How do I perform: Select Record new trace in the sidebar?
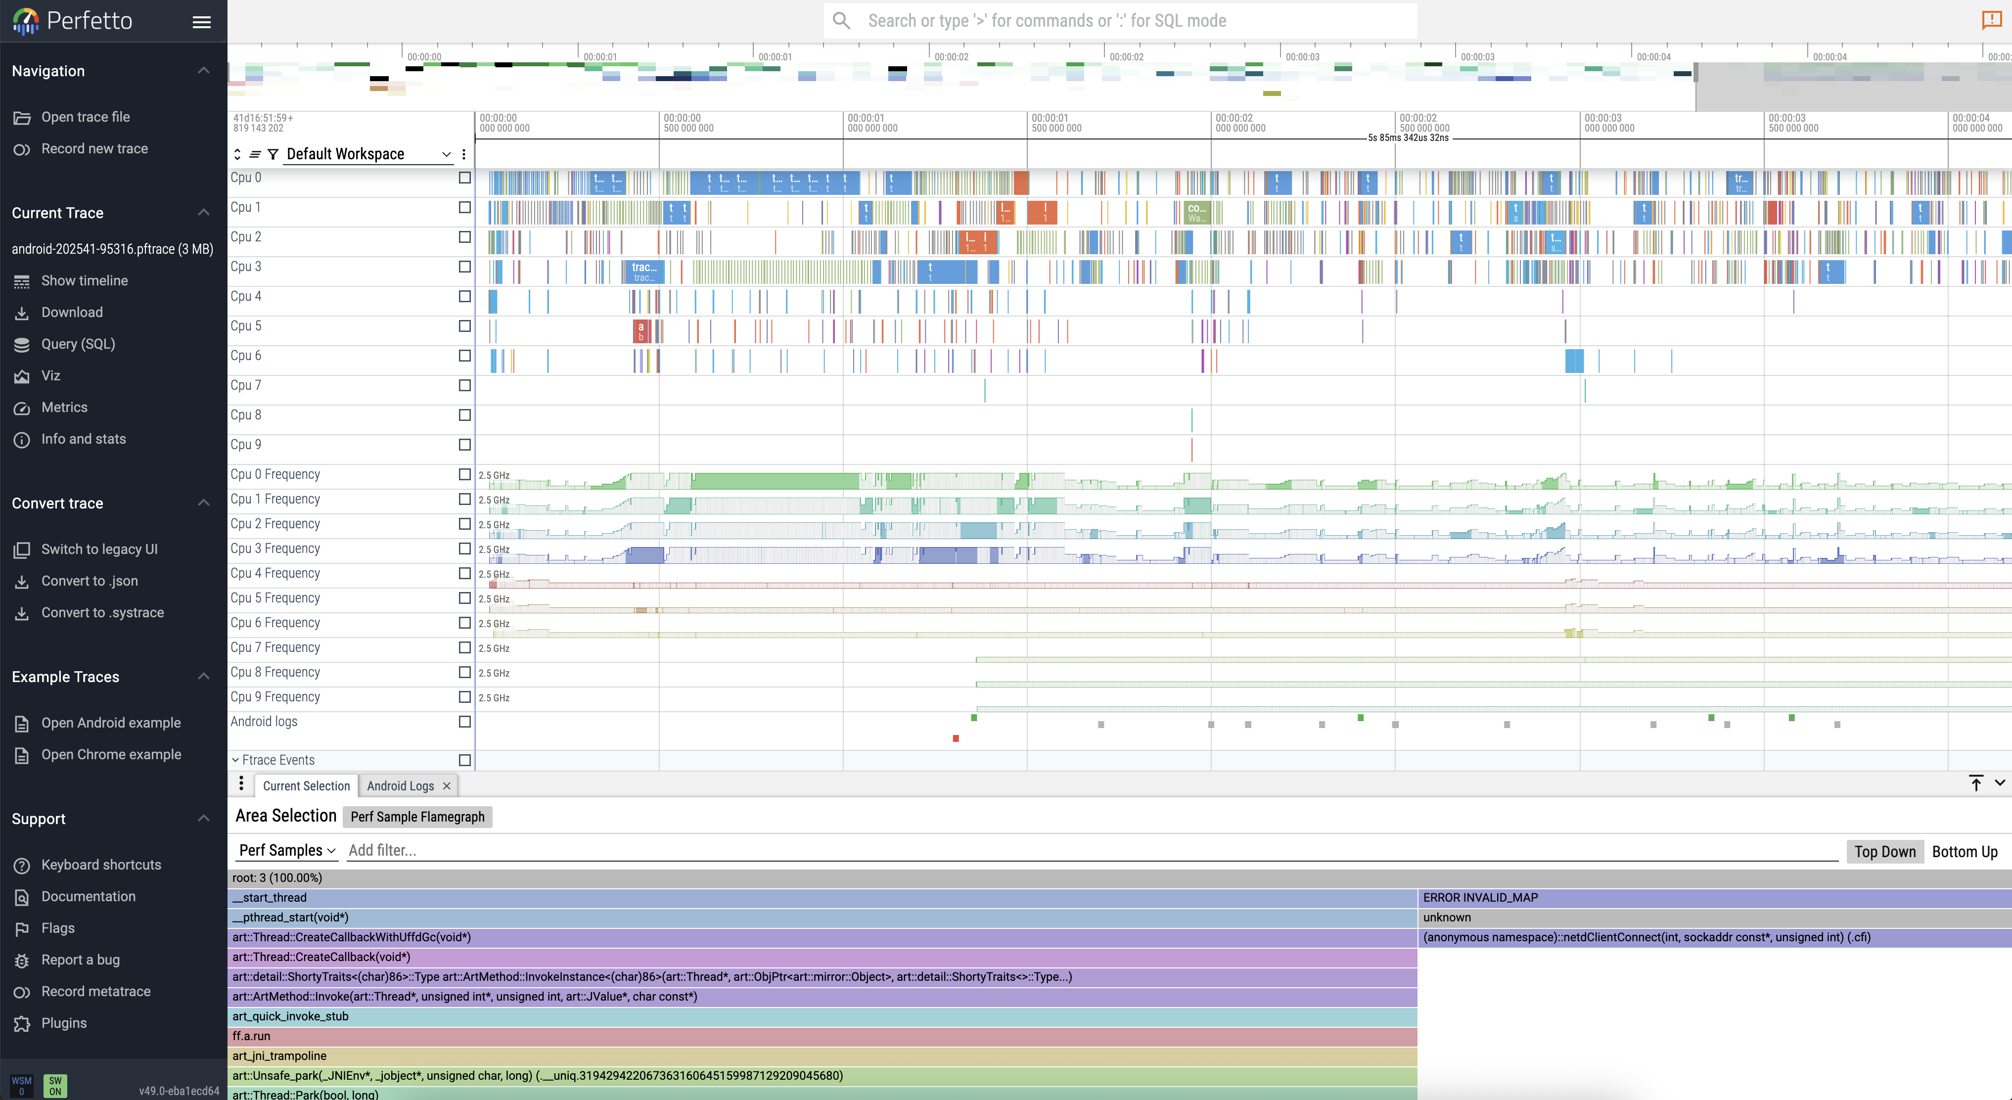94,148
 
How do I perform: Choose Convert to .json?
89,581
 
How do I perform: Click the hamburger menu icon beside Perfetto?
201,22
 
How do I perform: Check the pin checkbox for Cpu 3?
465,267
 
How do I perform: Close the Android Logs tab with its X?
447,786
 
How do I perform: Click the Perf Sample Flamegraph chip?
417,817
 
